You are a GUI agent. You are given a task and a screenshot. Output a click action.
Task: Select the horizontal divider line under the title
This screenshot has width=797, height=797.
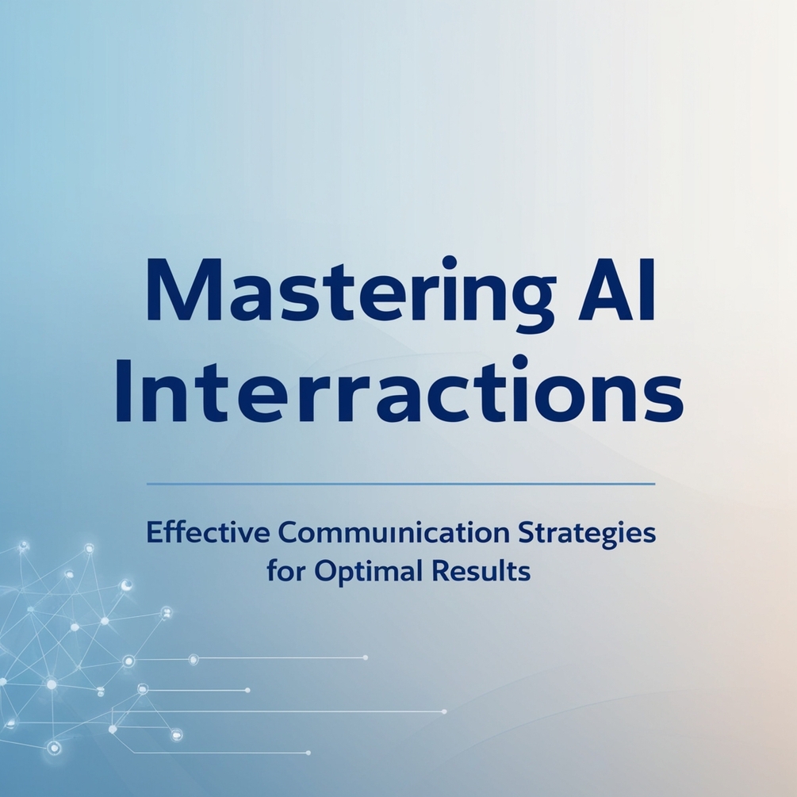click(401, 483)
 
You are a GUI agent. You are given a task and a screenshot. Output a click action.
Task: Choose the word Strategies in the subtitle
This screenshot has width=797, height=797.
click(587, 534)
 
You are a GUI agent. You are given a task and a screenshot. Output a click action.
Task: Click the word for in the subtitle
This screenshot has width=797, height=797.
click(282, 571)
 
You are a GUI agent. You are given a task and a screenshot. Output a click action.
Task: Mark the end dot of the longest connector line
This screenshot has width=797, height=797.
click(444, 711)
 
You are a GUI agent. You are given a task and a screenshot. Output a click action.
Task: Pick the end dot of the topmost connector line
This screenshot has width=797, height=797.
click(366, 657)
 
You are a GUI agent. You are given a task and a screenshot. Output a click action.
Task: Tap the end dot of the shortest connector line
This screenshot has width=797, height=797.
click(247, 691)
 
